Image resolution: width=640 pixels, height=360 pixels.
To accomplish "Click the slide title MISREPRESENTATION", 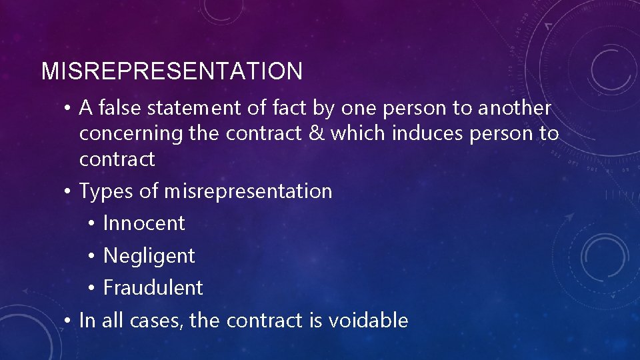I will click(x=172, y=71).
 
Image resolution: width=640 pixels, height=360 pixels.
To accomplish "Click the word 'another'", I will click(x=515, y=108).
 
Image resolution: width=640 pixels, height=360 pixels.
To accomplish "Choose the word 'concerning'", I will click(x=131, y=134).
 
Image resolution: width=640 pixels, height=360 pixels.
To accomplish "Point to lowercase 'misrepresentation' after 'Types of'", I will click(x=248, y=192).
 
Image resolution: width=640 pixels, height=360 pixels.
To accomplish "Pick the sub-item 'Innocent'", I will click(x=144, y=223).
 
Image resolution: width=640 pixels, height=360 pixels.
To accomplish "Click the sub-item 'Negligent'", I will click(x=149, y=256).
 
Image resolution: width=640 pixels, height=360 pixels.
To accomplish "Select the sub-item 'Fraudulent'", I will click(x=153, y=288).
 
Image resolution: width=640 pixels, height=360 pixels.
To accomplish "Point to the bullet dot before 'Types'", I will click(x=68, y=192).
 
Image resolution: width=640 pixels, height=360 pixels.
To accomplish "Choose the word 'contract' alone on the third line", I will click(x=117, y=159).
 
